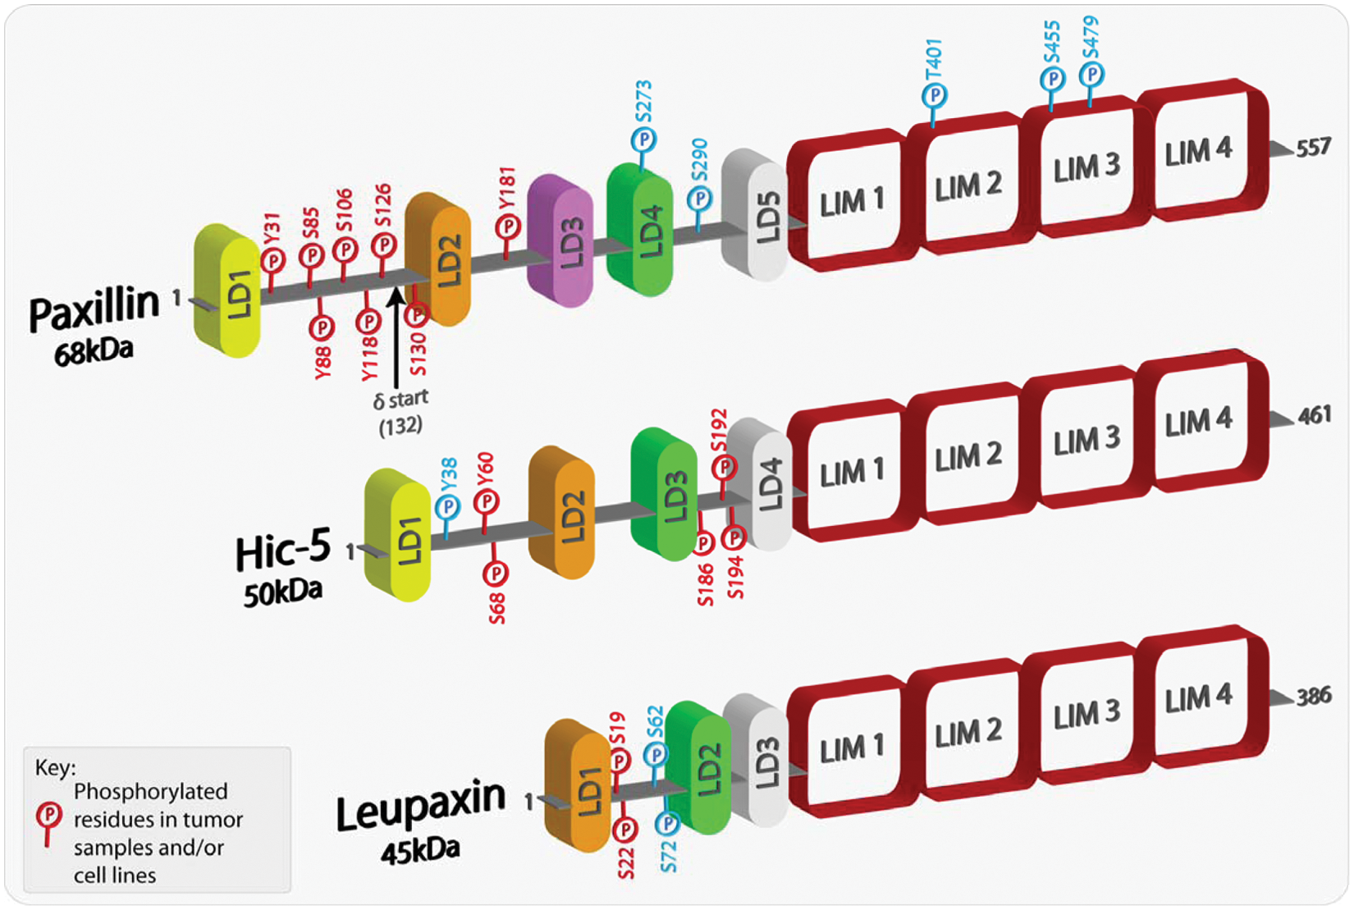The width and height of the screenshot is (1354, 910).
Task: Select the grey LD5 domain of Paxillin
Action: tap(754, 214)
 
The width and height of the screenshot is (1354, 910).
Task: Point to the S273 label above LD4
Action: tap(643, 102)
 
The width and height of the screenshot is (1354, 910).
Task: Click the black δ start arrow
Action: tap(396, 338)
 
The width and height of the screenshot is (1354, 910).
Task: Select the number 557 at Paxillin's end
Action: tap(1314, 148)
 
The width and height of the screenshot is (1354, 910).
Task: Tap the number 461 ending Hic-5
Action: tap(1314, 416)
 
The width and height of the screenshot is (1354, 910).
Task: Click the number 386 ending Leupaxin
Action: tap(1314, 696)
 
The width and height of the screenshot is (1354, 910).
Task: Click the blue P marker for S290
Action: tap(700, 199)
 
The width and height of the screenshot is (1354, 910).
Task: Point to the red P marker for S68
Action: tap(495, 572)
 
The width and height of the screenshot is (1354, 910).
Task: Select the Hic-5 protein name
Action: tap(283, 549)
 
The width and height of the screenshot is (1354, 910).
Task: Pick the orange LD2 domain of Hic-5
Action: tap(561, 512)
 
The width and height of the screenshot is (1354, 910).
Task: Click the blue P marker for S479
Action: tap(1092, 75)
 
